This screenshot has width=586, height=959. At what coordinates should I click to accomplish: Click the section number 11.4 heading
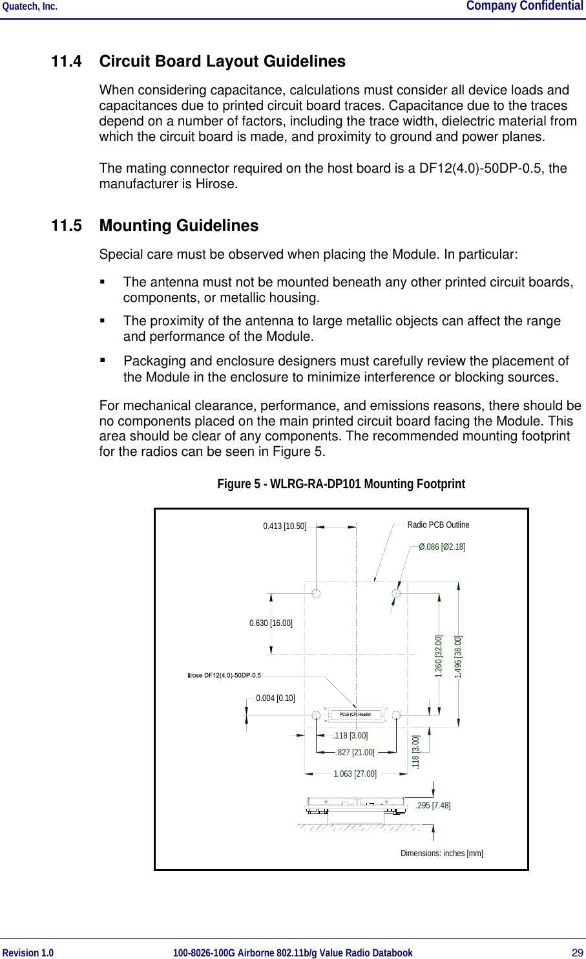point(67,61)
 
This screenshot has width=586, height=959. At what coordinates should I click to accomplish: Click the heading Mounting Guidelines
point(179,226)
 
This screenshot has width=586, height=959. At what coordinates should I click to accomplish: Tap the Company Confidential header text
point(524,6)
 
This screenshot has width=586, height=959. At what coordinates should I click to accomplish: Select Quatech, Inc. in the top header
point(30,6)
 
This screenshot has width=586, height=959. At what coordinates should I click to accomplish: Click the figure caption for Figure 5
point(340,484)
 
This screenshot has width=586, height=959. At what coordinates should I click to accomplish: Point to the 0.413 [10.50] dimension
point(284,526)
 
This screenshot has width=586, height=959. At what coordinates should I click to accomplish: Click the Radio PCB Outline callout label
point(438,524)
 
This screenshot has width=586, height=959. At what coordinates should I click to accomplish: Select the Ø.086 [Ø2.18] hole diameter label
point(442,547)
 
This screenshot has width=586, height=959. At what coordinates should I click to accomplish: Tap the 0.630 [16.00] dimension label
point(271,623)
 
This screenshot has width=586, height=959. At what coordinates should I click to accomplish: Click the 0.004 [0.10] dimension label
point(275,698)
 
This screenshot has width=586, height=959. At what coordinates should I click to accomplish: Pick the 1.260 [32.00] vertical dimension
point(439,656)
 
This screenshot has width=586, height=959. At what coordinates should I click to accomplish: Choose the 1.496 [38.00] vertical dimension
point(458,656)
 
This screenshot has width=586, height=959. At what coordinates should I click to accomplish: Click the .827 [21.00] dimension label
point(355,753)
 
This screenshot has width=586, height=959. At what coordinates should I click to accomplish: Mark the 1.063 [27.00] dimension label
point(355,774)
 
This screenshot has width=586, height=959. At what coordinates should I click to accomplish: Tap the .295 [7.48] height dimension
point(434,806)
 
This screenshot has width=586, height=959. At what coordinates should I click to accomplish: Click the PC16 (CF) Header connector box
point(355,715)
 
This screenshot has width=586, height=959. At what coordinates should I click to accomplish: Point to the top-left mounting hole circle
point(316,593)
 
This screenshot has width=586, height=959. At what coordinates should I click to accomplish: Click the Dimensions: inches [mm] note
point(441,854)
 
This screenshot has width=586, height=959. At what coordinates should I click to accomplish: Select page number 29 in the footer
point(577,953)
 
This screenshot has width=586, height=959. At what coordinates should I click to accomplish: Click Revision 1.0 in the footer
point(28,953)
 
